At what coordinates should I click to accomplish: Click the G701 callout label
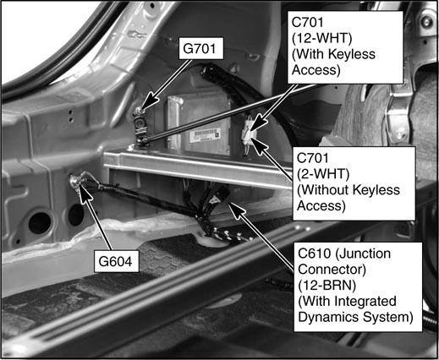tap(201, 48)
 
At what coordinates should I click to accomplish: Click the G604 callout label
tap(116, 261)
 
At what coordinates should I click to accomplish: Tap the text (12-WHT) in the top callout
tap(321, 39)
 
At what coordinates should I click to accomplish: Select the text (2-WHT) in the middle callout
tap(323, 174)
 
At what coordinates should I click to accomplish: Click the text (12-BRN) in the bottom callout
tap(327, 286)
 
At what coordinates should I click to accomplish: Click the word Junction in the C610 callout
tap(363, 254)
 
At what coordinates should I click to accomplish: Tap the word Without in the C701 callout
tap(321, 190)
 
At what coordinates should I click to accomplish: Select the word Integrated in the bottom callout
tap(365, 302)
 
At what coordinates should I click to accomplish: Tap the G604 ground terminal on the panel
tap(76, 180)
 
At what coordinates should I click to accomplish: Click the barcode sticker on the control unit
tap(206, 134)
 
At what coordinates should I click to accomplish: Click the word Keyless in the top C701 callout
tap(352, 54)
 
